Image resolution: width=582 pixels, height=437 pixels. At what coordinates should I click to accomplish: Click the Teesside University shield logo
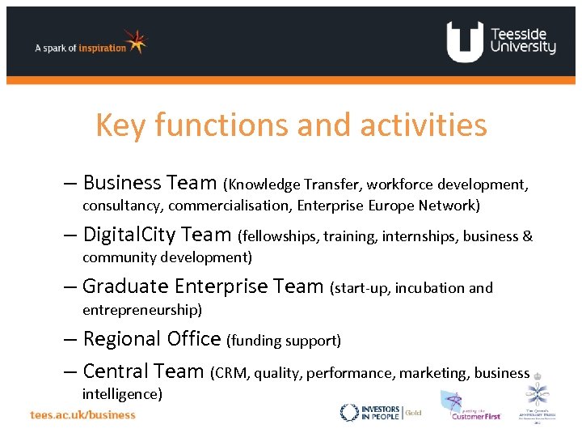pos(465,42)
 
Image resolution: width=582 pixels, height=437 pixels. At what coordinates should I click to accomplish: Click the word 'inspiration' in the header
pos(102,48)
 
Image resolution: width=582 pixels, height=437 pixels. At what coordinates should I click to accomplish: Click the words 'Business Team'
pos(150,184)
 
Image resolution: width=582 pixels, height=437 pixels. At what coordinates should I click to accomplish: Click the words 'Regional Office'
pos(151,339)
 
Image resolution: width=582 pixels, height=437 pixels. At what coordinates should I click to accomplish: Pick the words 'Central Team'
pos(143,371)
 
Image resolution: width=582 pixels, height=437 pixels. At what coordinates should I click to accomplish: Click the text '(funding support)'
pos(284,341)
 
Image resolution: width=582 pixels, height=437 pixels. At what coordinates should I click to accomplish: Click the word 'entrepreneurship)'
pos(142,310)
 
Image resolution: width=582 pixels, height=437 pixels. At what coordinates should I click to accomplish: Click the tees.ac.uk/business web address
pos(83,414)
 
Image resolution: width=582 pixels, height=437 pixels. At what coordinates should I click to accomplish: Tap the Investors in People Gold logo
pos(381,413)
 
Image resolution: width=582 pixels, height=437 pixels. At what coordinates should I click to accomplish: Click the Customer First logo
pos(469,407)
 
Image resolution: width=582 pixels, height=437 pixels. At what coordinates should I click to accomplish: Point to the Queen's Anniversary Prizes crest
pos(537,401)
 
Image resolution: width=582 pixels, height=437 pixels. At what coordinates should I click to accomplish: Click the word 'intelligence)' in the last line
pos(122,394)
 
